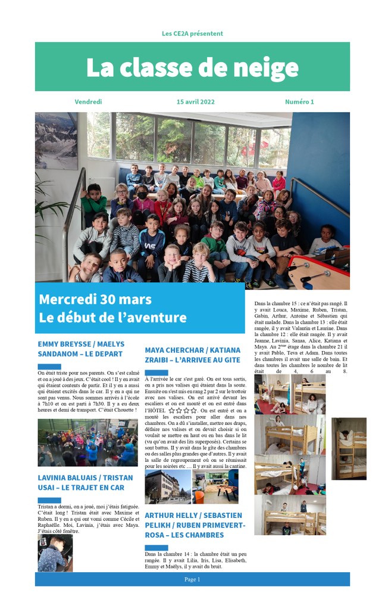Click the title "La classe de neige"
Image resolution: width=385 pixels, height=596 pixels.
192,68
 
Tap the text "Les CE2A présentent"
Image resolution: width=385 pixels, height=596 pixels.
192,33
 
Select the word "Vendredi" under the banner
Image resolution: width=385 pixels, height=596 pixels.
88,102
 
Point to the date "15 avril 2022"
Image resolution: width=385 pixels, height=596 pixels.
196,102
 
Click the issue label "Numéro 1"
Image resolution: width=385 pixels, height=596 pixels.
299,102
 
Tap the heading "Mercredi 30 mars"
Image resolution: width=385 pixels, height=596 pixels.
95,299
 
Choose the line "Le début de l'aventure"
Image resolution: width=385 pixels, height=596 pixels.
112,318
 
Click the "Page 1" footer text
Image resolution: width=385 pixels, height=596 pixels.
192,579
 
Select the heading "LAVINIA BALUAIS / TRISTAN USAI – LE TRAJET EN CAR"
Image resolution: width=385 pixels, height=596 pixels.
85,483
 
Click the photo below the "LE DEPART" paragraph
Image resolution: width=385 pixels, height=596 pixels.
87,442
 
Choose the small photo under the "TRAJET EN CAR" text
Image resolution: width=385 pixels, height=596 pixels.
55,552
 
